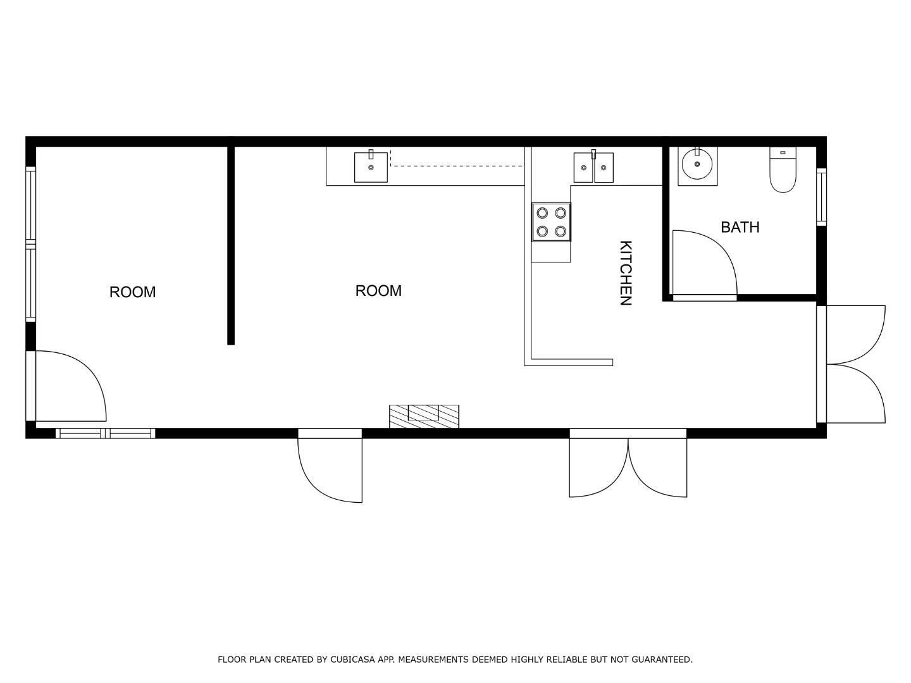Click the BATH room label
(740, 227)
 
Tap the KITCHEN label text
(625, 273)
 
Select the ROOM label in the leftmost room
(132, 292)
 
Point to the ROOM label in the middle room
(378, 291)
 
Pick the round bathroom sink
(697, 165)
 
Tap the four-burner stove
(551, 222)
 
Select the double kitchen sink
(593, 168)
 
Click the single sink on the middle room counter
(371, 168)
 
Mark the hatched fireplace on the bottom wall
(424, 415)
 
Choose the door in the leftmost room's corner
(70, 386)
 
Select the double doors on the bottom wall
(628, 465)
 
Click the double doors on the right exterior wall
(854, 364)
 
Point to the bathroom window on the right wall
(821, 196)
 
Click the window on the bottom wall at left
(105, 433)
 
